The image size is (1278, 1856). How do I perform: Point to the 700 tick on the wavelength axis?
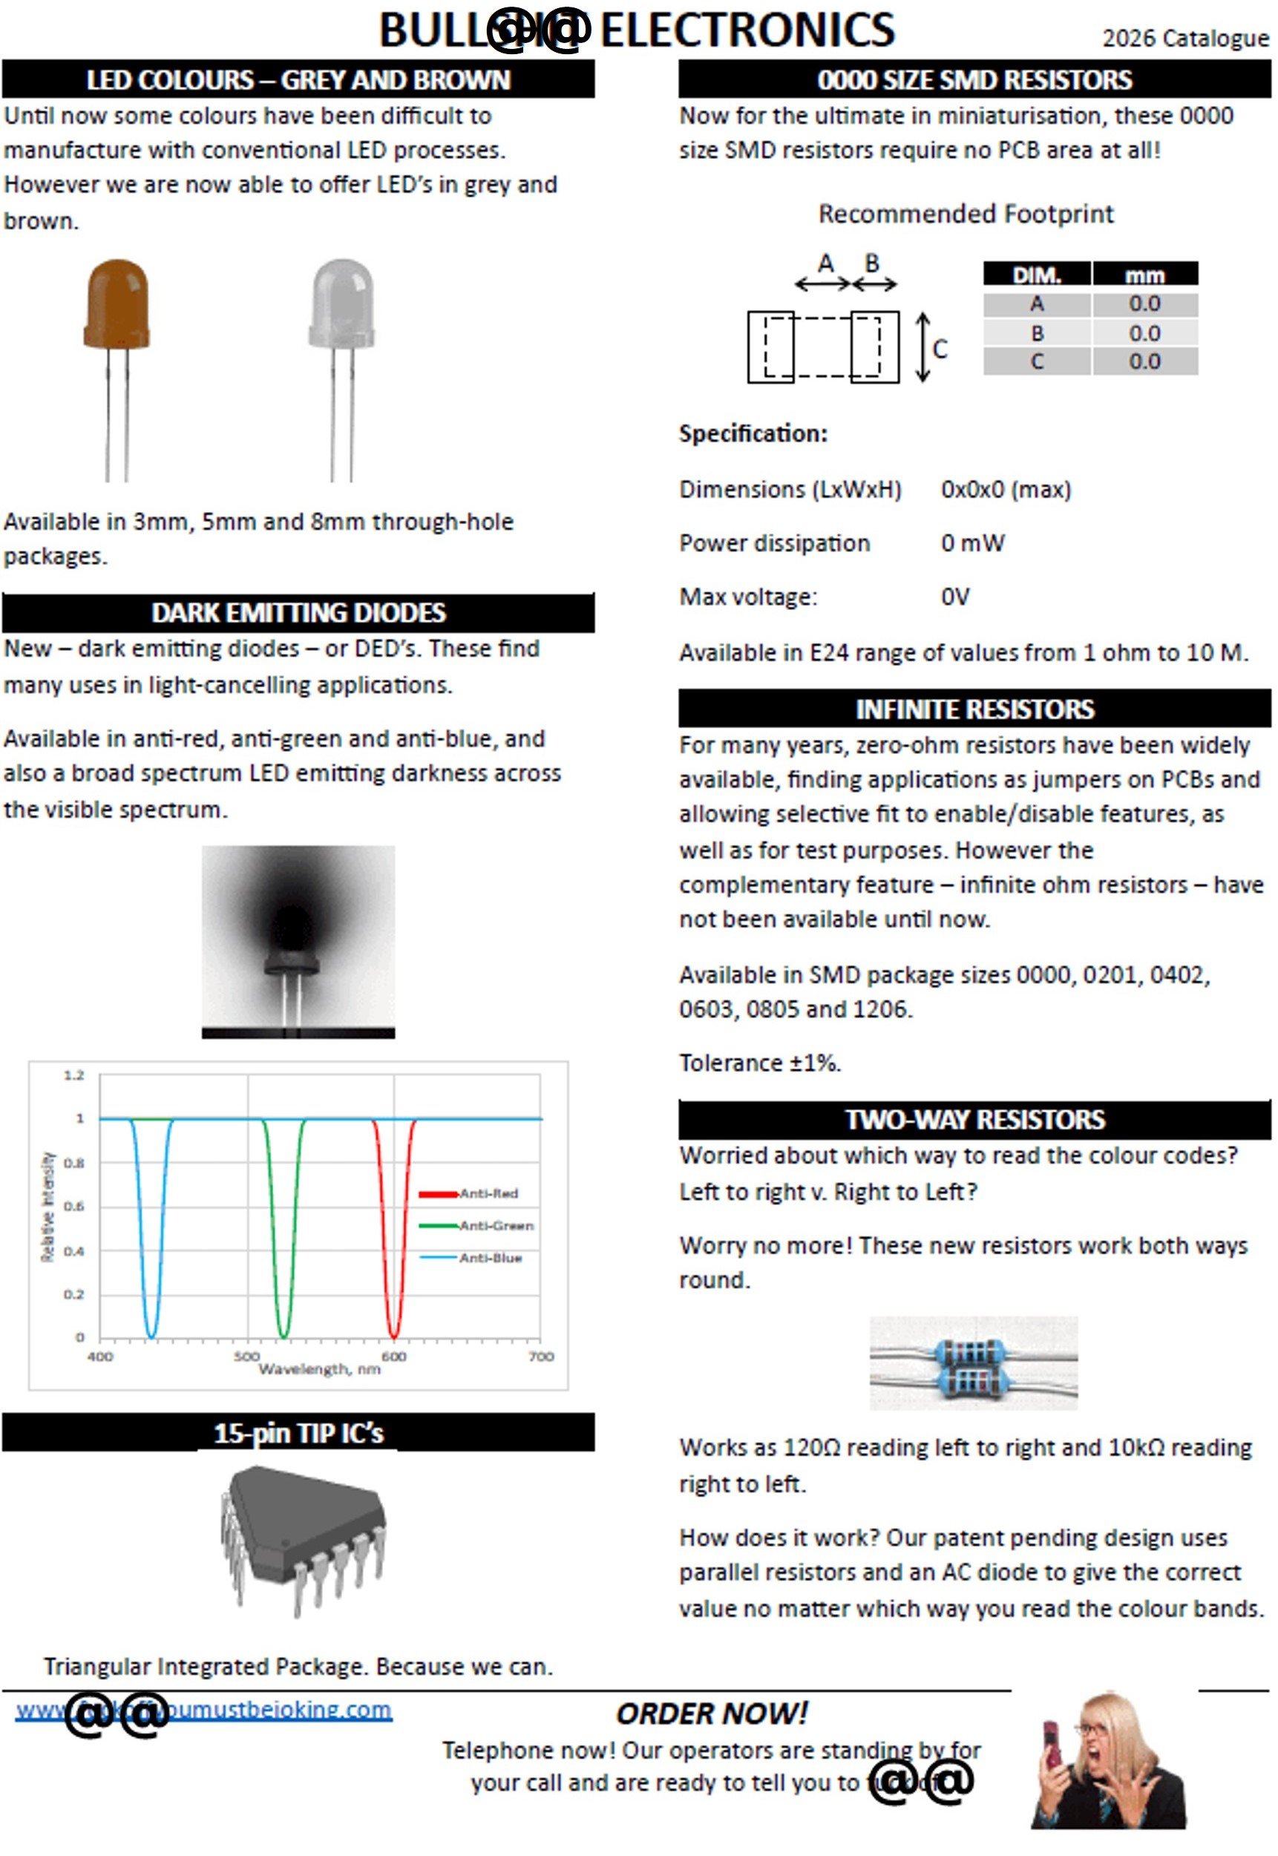[541, 1357]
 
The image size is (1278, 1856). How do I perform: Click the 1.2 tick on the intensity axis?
[73, 1075]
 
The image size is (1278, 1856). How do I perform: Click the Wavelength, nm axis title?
[318, 1370]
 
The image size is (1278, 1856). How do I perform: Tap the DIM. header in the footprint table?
[1036, 275]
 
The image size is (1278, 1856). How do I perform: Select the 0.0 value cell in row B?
[1144, 333]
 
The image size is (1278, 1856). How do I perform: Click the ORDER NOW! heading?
[711, 1714]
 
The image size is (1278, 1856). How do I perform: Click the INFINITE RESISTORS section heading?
[974, 709]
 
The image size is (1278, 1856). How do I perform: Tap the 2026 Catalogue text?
[1184, 39]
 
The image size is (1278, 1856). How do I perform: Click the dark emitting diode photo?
[298, 942]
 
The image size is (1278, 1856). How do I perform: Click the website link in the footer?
[204, 1711]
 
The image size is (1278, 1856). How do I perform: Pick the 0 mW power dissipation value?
[972, 544]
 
